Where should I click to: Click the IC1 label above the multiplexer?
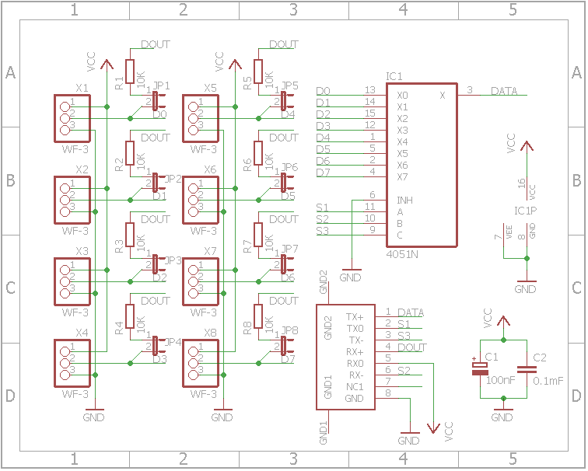pyautogui.click(x=394, y=76)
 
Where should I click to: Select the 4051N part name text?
pyautogui.click(x=401, y=254)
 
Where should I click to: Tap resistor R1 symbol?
pyautogui.click(x=130, y=71)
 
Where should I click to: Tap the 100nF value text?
pyautogui.click(x=500, y=381)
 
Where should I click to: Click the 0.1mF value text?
pyautogui.click(x=548, y=381)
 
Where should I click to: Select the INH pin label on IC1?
pyautogui.click(x=404, y=200)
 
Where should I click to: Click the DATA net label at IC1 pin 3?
pyautogui.click(x=504, y=92)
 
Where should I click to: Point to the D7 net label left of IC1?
pyautogui.click(x=323, y=173)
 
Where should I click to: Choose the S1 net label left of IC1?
pyautogui.click(x=322, y=208)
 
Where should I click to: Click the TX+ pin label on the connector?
pyautogui.click(x=355, y=317)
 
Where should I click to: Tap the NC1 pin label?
pyautogui.click(x=355, y=386)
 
